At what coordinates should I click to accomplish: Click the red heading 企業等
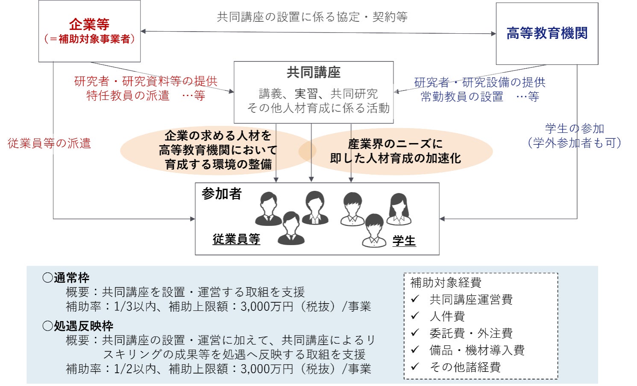click(89, 24)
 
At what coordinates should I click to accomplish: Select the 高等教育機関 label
click(547, 33)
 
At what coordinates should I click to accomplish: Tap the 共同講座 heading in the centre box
click(314, 73)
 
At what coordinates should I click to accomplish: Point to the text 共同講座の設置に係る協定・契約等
click(312, 17)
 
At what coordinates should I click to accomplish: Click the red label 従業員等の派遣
click(49, 143)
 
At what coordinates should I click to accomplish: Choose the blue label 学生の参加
click(575, 129)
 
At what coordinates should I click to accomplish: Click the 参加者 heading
click(222, 194)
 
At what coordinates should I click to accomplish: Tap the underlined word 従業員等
click(236, 240)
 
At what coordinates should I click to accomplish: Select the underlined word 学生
click(404, 241)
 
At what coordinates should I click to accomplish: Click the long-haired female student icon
click(399, 209)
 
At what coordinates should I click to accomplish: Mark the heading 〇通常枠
click(66, 278)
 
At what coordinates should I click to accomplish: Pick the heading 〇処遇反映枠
click(78, 326)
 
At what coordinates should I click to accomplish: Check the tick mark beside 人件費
click(415, 316)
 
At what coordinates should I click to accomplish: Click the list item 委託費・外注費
click(471, 333)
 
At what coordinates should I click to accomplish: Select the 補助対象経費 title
click(446, 283)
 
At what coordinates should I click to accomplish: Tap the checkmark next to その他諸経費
click(415, 366)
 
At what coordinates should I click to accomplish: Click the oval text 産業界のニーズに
click(395, 144)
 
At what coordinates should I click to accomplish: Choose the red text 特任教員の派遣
click(128, 96)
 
